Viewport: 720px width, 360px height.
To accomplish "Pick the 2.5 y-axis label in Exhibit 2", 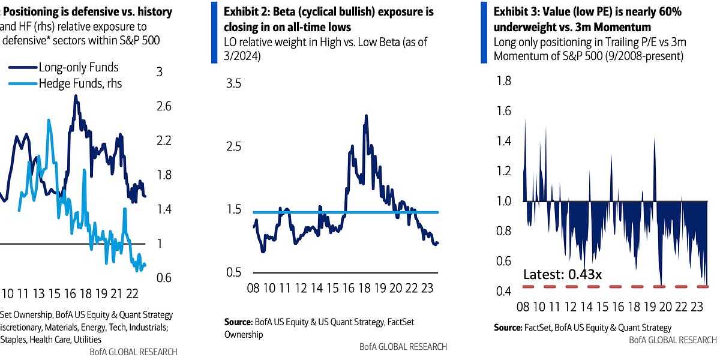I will tap(232, 146).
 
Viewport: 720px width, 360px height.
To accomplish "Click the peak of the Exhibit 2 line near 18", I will tap(365, 116).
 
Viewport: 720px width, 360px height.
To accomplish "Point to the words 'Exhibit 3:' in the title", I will tap(516, 12).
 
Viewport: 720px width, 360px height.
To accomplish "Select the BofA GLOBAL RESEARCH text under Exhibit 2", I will tap(403, 346).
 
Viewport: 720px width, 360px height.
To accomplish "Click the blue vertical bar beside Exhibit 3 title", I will tap(484, 32).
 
